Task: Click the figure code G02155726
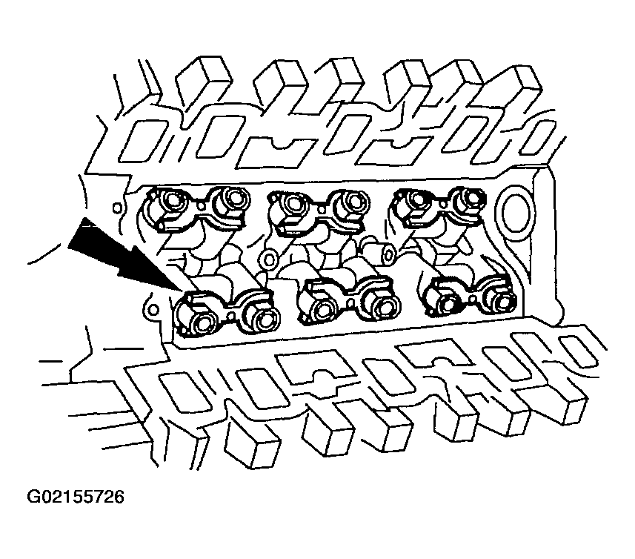click(x=76, y=497)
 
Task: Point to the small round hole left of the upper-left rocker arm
click(x=116, y=208)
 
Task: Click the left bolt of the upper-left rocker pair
click(x=173, y=199)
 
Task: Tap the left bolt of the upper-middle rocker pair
click(x=293, y=202)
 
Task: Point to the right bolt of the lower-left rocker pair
click(x=264, y=320)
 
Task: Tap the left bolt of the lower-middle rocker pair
click(x=323, y=311)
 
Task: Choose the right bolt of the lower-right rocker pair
click(x=502, y=301)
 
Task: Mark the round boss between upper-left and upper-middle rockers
click(x=268, y=259)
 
